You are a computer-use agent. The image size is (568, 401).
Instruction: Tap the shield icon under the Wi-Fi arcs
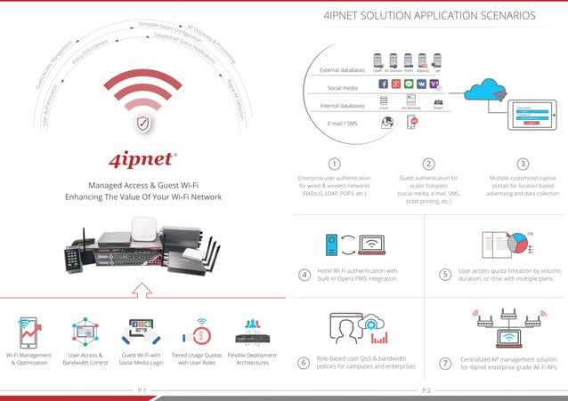(x=142, y=122)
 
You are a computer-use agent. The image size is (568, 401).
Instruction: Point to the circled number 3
(x=523, y=164)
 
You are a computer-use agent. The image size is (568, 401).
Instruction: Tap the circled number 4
(x=305, y=275)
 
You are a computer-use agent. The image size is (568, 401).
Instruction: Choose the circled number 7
(x=444, y=364)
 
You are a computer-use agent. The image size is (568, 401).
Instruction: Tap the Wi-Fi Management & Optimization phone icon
(x=27, y=333)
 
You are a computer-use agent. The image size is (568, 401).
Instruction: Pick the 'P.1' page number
(x=142, y=390)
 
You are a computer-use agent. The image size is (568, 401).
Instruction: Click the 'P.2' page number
(x=426, y=390)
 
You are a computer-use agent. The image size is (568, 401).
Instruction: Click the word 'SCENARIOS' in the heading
(x=504, y=16)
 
